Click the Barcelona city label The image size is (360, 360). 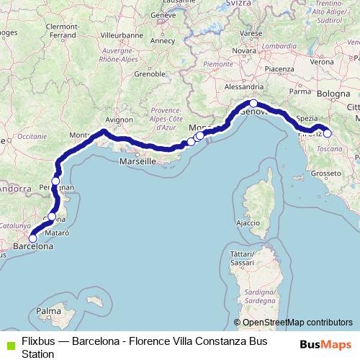[x=33, y=246]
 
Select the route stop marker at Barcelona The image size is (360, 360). [x=32, y=238]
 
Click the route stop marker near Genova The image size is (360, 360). [x=253, y=104]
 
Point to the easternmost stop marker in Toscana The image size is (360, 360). [x=327, y=133]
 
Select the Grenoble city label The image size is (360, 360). [x=149, y=73]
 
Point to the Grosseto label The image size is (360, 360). [x=325, y=174]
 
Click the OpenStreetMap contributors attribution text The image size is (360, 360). [x=297, y=323]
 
